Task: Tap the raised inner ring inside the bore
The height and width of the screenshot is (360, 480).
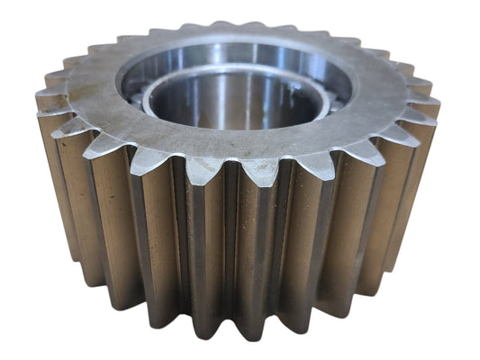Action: pos(236,83)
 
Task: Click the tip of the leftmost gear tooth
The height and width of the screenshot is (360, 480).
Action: pos(38,99)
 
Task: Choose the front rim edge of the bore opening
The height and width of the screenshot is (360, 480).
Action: pos(236,133)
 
